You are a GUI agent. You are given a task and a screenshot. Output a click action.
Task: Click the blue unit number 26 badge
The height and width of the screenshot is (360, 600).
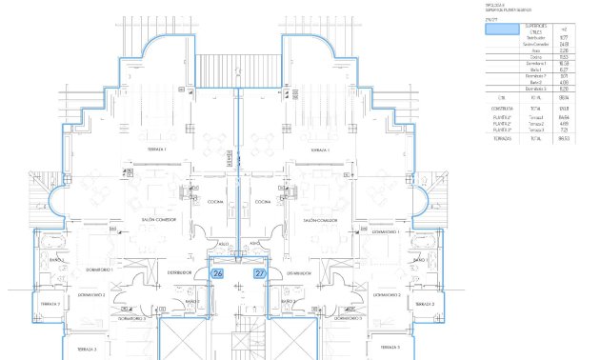[x=216, y=273]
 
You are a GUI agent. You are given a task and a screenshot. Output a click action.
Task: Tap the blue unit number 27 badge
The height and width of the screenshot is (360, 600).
[x=259, y=273]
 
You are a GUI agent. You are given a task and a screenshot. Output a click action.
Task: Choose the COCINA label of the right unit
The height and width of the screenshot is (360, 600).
[x=263, y=202]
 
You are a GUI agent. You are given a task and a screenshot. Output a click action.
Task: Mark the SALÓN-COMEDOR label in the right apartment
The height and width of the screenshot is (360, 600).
[x=321, y=220]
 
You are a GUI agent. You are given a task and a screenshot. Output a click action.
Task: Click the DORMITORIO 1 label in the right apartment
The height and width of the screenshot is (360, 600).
[x=385, y=231]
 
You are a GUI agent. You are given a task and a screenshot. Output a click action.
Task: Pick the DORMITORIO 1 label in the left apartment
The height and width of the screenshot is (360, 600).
[x=99, y=270]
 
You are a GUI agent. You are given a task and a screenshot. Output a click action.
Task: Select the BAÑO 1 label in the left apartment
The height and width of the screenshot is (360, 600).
[x=56, y=259]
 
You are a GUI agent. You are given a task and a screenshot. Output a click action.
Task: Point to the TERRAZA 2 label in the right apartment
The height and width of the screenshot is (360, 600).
[x=427, y=304]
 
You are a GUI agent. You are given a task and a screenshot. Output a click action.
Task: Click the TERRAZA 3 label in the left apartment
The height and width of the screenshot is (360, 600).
[x=50, y=350]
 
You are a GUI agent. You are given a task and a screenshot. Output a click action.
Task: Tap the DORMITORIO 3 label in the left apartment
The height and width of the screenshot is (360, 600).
[x=132, y=319]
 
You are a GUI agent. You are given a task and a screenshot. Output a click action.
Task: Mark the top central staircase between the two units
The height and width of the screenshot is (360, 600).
[x=238, y=70]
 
